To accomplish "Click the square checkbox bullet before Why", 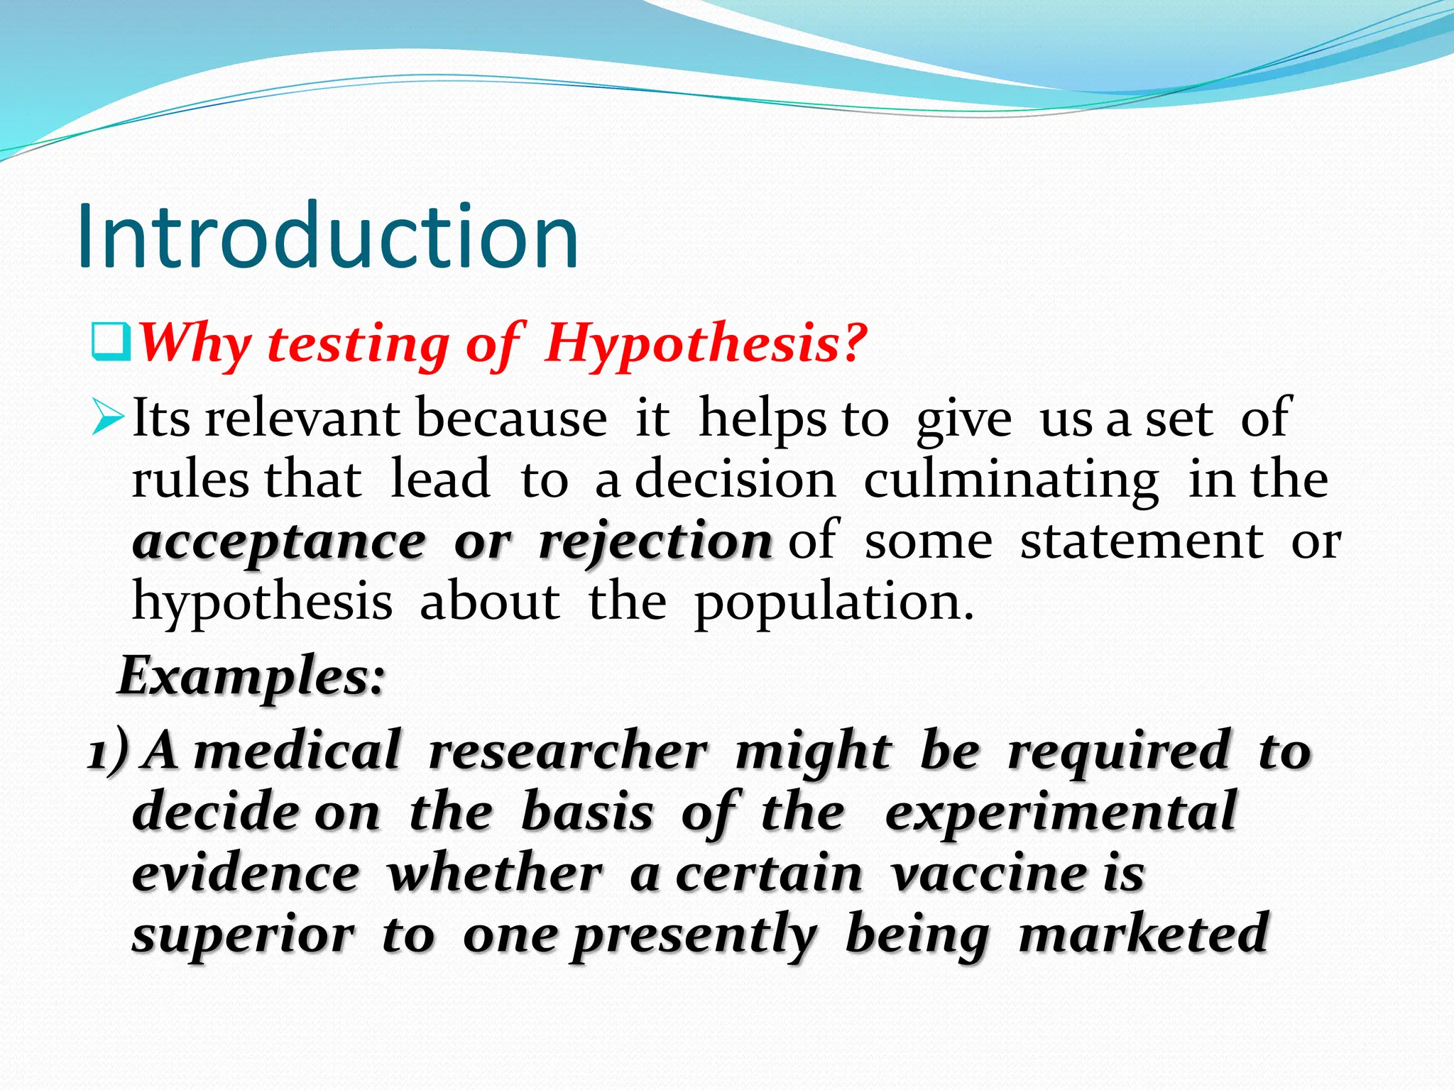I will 111,342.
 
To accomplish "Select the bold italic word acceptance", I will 279,543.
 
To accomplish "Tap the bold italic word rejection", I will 655,543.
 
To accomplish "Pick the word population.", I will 833,603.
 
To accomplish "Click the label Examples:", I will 251,676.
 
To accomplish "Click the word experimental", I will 1061,813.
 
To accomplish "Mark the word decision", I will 735,480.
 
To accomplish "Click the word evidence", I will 246,874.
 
